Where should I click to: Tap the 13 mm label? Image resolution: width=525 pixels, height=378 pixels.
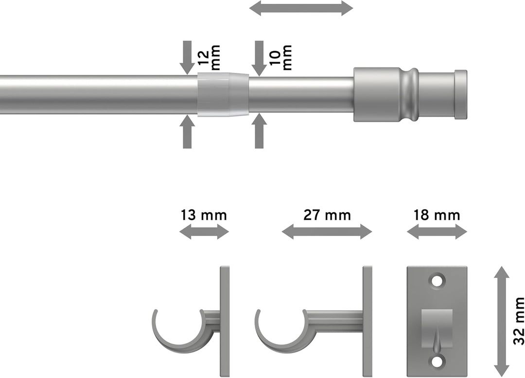[204, 215]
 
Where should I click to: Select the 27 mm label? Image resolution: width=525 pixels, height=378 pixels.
[327, 215]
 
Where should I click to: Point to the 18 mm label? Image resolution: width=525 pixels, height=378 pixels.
[437, 215]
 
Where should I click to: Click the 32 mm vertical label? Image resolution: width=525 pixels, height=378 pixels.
[518, 321]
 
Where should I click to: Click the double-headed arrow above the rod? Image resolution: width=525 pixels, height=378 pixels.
[301, 8]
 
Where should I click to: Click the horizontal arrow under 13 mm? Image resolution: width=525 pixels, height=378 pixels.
[204, 232]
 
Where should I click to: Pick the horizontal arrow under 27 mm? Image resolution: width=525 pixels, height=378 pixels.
[327, 232]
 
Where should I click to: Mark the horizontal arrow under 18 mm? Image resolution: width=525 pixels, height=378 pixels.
[437, 232]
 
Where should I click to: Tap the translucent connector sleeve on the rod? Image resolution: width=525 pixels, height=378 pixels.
[223, 94]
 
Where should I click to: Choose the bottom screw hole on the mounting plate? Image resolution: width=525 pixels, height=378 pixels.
[437, 361]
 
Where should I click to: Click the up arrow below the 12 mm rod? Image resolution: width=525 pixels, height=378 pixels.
[187, 132]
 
